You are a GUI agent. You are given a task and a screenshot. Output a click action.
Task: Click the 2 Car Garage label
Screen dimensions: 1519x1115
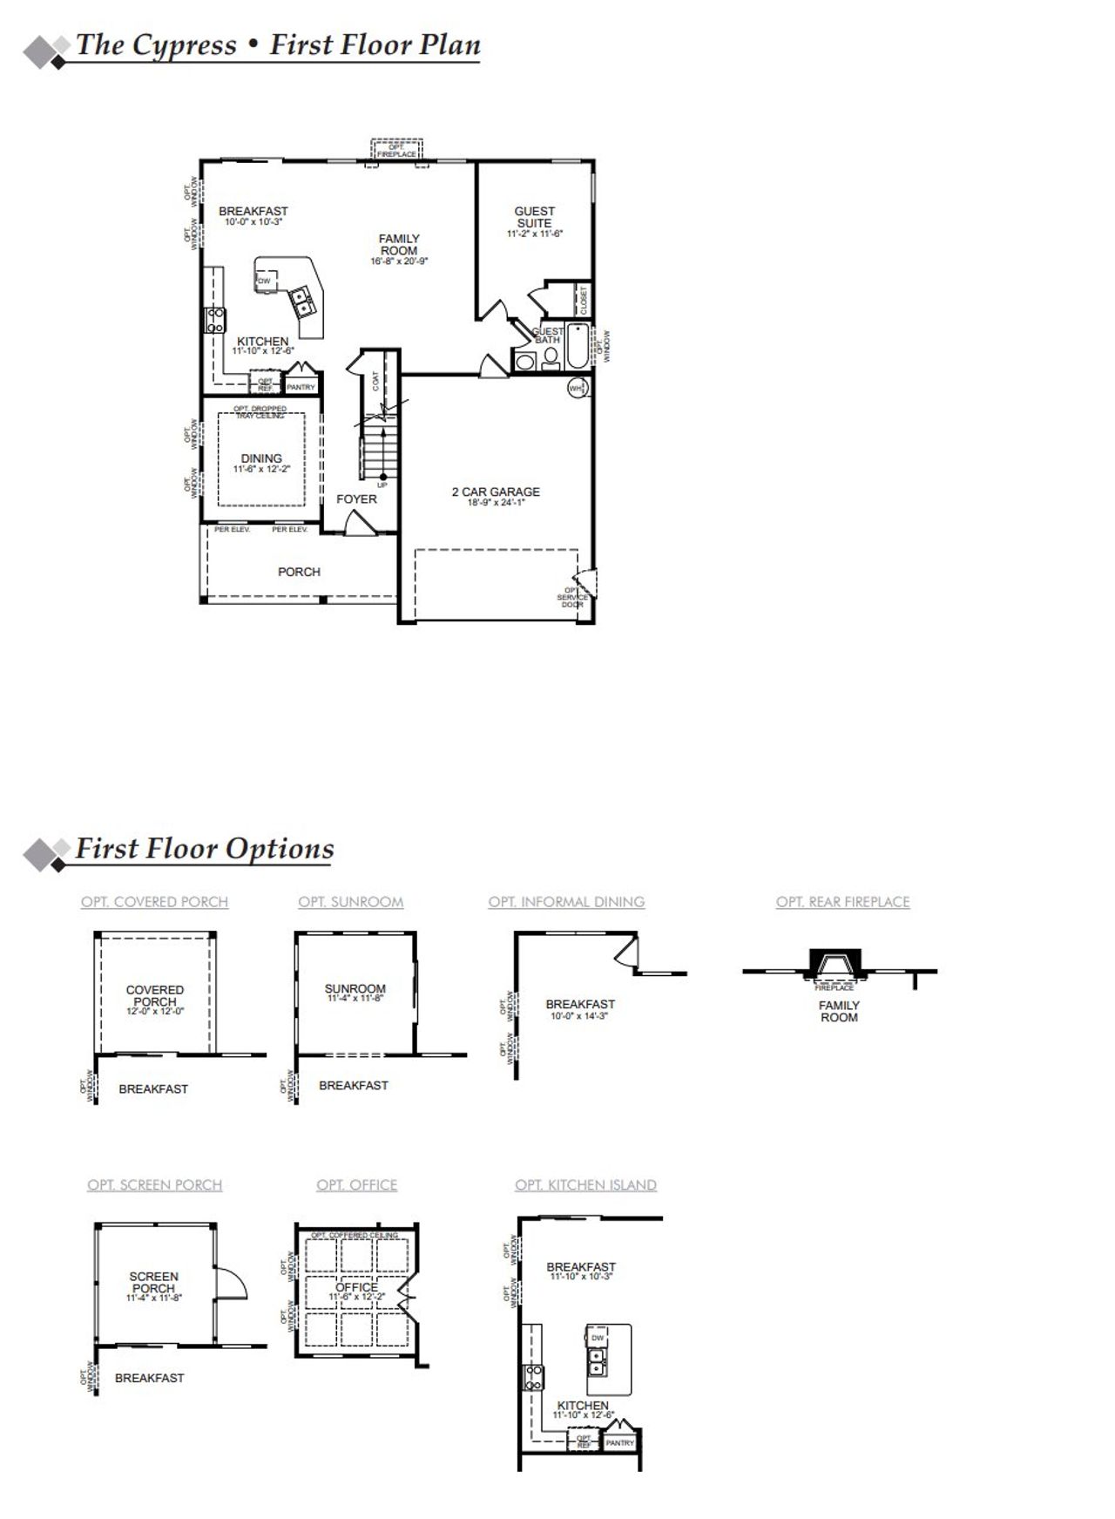click(x=495, y=492)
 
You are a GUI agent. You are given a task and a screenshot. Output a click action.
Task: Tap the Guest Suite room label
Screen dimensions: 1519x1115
click(x=534, y=217)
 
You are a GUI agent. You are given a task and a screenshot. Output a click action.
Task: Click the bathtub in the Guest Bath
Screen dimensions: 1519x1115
click(x=578, y=347)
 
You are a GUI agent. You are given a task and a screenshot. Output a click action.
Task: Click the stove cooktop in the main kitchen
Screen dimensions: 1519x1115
click(x=215, y=320)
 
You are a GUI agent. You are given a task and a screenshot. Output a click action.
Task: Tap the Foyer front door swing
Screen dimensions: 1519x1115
click(x=360, y=523)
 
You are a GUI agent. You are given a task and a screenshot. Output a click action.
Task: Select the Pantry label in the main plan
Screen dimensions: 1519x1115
click(x=301, y=386)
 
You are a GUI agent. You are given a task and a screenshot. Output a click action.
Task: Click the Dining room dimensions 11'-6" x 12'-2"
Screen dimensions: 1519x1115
click(x=261, y=470)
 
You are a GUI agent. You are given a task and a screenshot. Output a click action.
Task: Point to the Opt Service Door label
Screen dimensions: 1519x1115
click(x=571, y=597)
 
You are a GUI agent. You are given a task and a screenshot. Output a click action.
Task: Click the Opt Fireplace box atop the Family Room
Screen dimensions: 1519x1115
click(x=396, y=150)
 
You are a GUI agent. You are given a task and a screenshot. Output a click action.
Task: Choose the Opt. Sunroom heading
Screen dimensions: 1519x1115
click(x=351, y=902)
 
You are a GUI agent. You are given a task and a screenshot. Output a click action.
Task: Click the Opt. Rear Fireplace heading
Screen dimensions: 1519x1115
click(x=842, y=902)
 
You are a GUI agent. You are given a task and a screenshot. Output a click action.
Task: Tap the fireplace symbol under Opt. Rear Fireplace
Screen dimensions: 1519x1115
click(x=835, y=964)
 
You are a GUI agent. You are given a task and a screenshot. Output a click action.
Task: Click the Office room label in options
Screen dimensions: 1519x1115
click(x=356, y=1287)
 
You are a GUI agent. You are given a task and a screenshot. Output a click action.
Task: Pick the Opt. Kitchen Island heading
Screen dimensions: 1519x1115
click(x=585, y=1185)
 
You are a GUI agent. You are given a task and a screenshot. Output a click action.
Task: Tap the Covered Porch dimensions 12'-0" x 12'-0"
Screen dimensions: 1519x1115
click(x=155, y=1012)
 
